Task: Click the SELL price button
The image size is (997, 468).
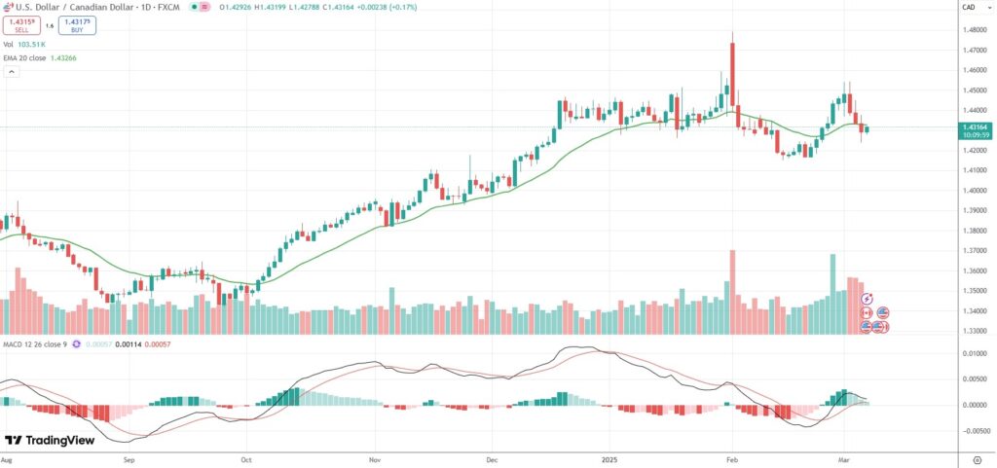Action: [x=20, y=25]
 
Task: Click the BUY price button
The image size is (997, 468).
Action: [x=77, y=25]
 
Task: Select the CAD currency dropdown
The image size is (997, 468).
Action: [x=969, y=7]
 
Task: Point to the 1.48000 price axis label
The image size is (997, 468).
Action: [x=974, y=30]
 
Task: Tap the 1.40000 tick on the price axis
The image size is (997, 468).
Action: [x=974, y=191]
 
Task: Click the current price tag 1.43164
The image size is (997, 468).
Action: [x=975, y=126]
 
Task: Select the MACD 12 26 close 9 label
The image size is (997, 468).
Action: [x=38, y=344]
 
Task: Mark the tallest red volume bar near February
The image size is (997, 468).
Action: [x=732, y=292]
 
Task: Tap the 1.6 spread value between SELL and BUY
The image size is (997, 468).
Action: [x=50, y=25]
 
